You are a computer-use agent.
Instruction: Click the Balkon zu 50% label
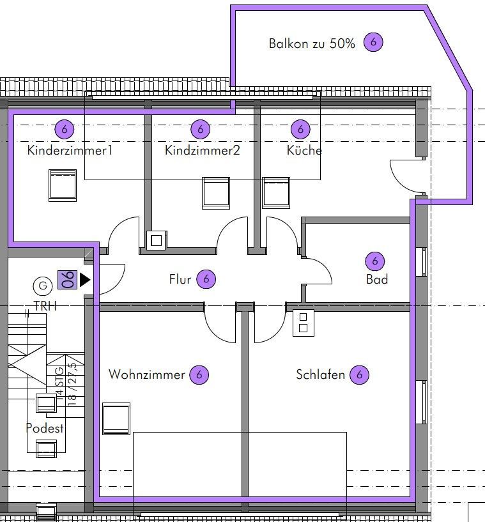[x=312, y=43]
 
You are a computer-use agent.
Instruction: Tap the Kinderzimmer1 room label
[x=70, y=150]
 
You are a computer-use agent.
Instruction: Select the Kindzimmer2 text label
[x=203, y=150]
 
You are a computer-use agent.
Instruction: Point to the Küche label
[x=304, y=150]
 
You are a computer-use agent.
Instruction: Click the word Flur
[x=180, y=279]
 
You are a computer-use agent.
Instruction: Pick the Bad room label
[x=377, y=279]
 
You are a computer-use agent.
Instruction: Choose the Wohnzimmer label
[x=147, y=374]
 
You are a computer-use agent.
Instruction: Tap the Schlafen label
[x=320, y=374]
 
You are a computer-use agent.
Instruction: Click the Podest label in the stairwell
[x=45, y=428]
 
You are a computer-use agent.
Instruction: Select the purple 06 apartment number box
[x=67, y=280]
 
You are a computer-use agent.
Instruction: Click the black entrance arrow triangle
[x=85, y=280]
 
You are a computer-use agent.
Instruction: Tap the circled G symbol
[x=43, y=286]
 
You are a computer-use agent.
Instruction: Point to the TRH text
[x=45, y=306]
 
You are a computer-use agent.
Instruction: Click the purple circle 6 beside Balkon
[x=373, y=42]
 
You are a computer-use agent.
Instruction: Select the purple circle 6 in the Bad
[x=375, y=261]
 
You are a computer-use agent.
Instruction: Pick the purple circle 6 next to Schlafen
[x=359, y=374]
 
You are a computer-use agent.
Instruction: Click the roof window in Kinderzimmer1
[x=63, y=185]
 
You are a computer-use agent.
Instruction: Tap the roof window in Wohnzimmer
[x=116, y=418]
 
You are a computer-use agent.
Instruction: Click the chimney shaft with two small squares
[x=304, y=323]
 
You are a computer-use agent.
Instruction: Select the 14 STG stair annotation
[x=59, y=383]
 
